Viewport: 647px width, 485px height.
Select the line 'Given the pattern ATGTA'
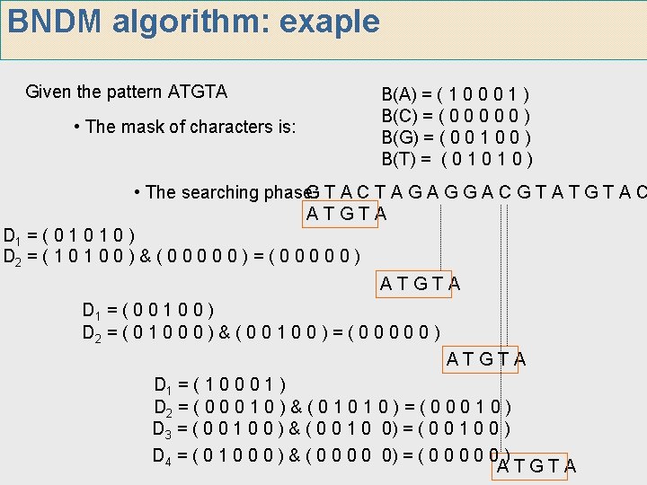pyautogui.click(x=127, y=92)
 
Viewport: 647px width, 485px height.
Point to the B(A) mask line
pyautogui.click(x=456, y=93)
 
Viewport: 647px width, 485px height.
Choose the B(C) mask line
pyautogui.click(x=456, y=115)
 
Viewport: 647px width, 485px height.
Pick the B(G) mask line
pyautogui.click(x=456, y=137)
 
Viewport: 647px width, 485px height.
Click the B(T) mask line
pyautogui.click(x=457, y=160)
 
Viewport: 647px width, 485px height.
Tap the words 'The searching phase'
pyautogui.click(x=220, y=192)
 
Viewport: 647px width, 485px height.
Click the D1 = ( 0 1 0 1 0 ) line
pyautogui.click(x=70, y=237)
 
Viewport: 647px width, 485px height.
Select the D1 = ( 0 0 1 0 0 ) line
pyautogui.click(x=147, y=312)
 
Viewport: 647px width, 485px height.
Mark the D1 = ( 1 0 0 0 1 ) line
pyautogui.click(x=219, y=385)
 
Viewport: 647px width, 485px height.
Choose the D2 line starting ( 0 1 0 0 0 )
pyautogui.click(x=261, y=333)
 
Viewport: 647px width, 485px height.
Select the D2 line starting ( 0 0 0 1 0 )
pyautogui.click(x=332, y=407)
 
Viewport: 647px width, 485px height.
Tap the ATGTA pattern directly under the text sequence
pyautogui.click(x=347, y=214)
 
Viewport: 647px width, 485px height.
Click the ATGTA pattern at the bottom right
pyautogui.click(x=536, y=466)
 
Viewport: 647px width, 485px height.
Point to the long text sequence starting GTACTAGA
pyautogui.click(x=476, y=192)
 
